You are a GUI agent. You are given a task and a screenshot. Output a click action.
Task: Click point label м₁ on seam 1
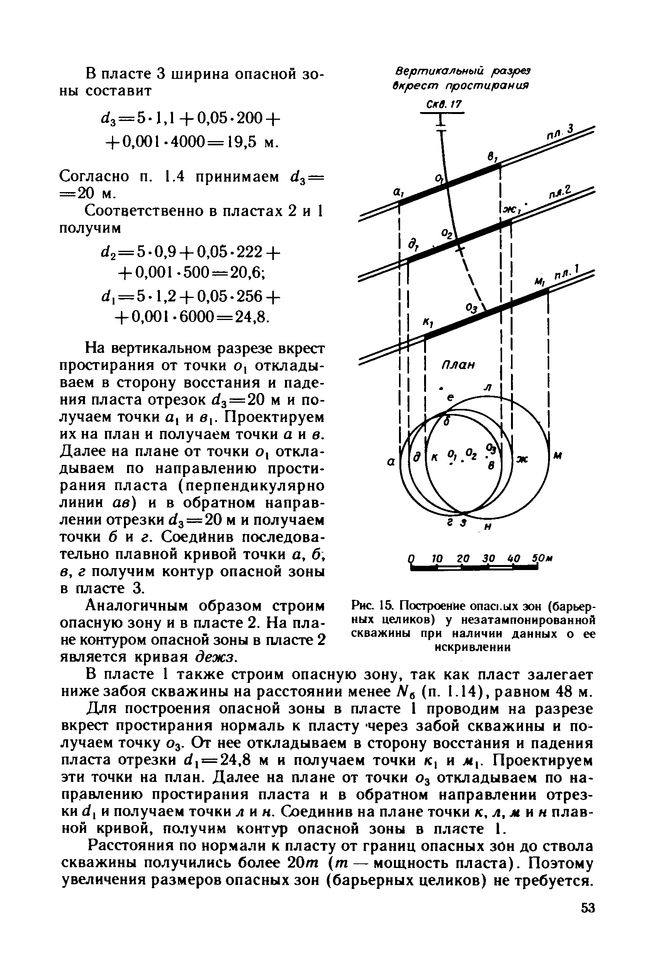click(x=539, y=282)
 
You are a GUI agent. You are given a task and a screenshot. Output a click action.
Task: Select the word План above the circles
click(x=458, y=365)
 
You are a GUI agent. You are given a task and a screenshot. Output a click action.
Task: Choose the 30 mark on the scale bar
click(x=489, y=559)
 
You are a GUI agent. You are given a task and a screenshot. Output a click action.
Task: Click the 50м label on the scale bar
click(x=542, y=559)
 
